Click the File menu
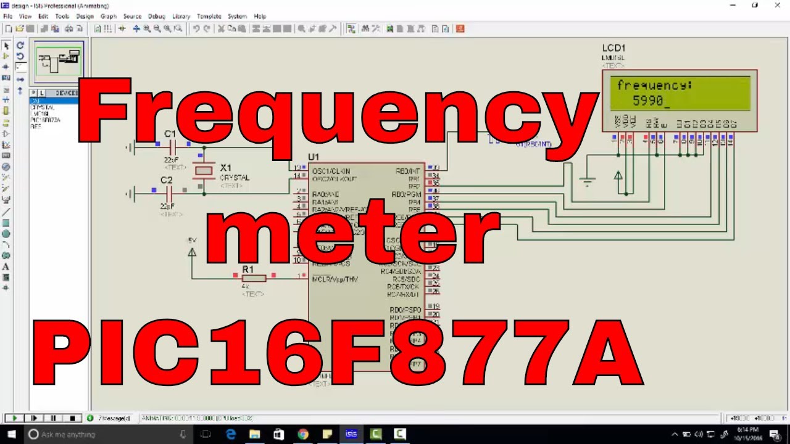click(x=7, y=16)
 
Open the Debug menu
click(x=156, y=16)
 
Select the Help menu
click(x=260, y=16)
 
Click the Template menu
click(x=209, y=16)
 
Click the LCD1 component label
click(x=614, y=48)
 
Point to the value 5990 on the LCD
click(x=647, y=100)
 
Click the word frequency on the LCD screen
click(x=654, y=85)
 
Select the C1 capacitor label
click(x=170, y=134)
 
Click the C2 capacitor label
click(x=167, y=180)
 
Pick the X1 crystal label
click(x=226, y=168)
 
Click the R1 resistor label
click(x=247, y=269)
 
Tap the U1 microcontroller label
click(x=314, y=157)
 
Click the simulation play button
click(x=14, y=418)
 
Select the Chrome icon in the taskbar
click(x=302, y=434)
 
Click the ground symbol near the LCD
click(x=587, y=181)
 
